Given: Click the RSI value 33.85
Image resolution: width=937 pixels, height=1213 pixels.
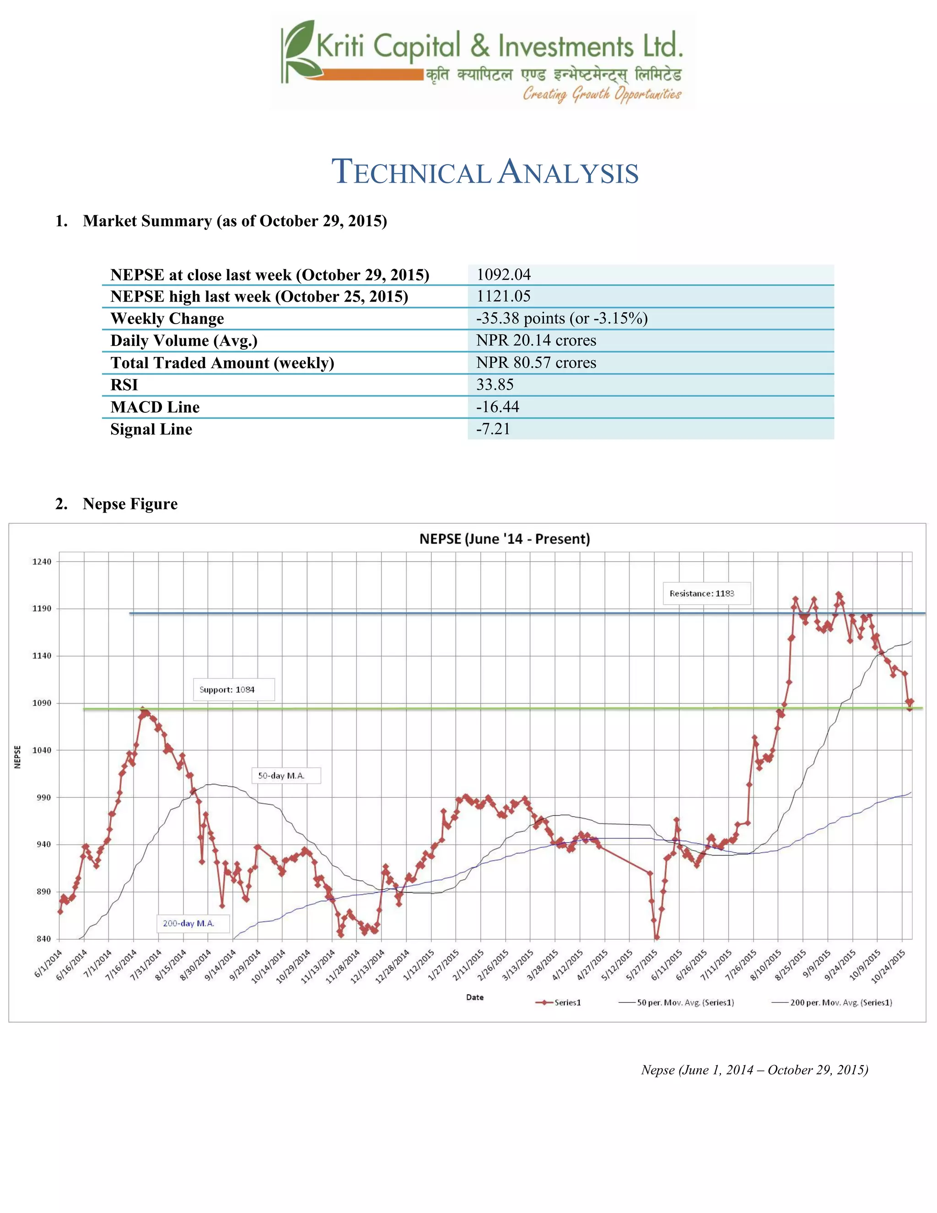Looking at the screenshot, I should pos(495,384).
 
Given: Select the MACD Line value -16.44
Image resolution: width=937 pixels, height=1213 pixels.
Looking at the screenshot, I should pos(497,406).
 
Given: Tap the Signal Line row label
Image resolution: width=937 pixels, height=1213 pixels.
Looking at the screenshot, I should pos(151,429).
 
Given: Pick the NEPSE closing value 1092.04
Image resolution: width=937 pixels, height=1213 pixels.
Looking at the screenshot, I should pos(503,274).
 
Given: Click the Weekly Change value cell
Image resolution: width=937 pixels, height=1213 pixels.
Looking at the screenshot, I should pos(562,318).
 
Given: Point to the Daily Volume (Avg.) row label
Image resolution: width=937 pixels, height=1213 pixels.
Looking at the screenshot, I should pos(184,341).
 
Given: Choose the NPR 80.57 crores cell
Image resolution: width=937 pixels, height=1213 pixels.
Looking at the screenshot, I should pos(536,363).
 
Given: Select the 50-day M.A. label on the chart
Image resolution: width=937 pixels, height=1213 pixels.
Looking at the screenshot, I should pos(286,775).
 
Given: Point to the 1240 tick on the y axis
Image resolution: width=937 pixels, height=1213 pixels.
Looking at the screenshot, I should pos(41,562).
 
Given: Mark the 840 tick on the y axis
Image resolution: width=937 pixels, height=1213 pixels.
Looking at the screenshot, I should pos(43,939).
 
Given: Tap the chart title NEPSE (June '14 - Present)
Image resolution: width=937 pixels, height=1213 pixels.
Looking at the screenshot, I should pos(504,539).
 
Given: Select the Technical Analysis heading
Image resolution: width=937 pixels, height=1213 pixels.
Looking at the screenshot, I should pos(485,172).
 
